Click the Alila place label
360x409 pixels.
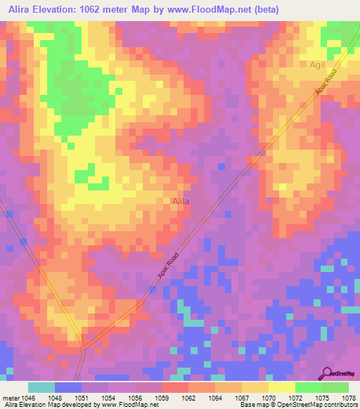point(181,201)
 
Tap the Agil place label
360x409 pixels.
point(319,64)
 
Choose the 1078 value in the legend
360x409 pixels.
point(349,398)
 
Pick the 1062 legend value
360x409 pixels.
point(188,398)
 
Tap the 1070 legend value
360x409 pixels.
point(269,398)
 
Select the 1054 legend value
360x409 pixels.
point(108,398)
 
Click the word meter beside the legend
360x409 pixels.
point(11,398)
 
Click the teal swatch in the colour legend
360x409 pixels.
point(41,387)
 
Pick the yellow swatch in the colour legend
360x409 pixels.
point(281,387)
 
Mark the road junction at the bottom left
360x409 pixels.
point(83,346)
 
